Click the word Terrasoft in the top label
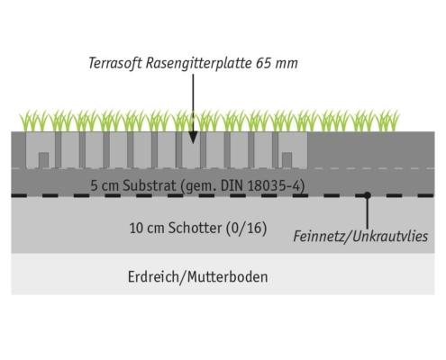click(115, 63)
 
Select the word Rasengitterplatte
click(198, 63)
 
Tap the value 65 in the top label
click(263, 63)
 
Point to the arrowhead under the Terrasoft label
click(193, 137)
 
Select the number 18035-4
click(274, 186)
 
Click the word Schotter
click(195, 228)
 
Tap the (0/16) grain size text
click(246, 229)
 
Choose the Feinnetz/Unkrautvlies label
click(360, 237)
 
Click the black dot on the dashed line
click(367, 195)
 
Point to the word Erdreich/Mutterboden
click(197, 276)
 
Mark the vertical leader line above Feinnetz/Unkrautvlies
click(367, 212)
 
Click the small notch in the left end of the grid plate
click(43, 160)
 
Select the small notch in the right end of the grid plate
click(287, 160)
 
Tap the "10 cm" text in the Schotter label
click(147, 229)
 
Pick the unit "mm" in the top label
click(287, 64)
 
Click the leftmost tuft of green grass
click(29, 121)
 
